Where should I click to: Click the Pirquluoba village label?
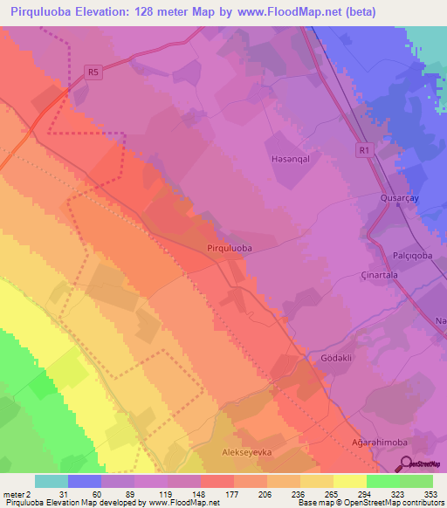tap(230, 249)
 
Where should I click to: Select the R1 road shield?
tap(365, 151)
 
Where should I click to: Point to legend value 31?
tap(52, 493)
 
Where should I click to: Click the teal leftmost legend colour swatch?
tap(51, 481)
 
